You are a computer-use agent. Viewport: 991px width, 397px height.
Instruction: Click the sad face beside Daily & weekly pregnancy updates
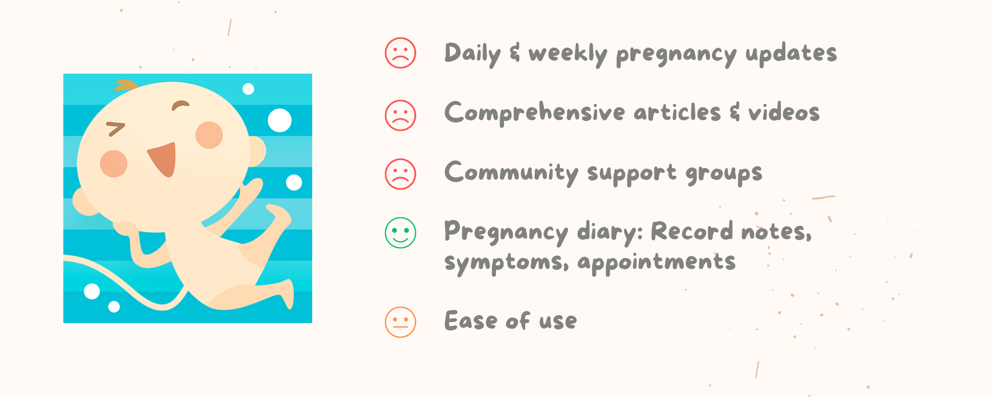click(x=400, y=53)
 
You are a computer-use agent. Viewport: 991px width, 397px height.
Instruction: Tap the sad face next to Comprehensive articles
click(x=400, y=115)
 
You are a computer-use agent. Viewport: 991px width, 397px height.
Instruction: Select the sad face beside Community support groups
click(x=400, y=174)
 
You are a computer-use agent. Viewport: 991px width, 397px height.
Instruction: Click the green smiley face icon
click(x=400, y=233)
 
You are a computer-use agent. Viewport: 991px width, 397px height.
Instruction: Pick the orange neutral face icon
click(x=400, y=322)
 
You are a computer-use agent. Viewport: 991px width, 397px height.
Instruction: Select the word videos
click(x=784, y=112)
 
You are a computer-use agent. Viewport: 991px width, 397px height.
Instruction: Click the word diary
click(x=609, y=233)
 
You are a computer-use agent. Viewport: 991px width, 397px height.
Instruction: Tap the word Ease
click(x=470, y=321)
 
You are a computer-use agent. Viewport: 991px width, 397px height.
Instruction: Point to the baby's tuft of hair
click(x=126, y=85)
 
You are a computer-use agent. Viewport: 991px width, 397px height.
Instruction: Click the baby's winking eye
click(x=116, y=129)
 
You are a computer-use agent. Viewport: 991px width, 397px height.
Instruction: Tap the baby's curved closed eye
click(x=180, y=105)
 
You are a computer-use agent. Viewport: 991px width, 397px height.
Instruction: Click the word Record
click(x=692, y=231)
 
